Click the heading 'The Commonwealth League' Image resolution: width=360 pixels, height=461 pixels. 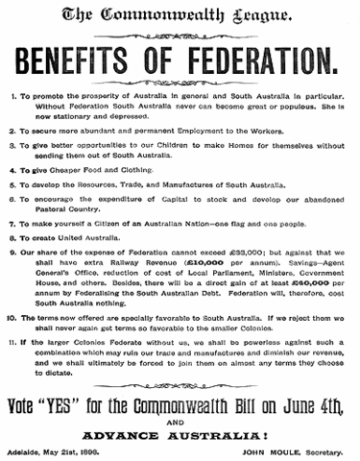pos(180,15)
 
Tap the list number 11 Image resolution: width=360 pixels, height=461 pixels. pos(11,342)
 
